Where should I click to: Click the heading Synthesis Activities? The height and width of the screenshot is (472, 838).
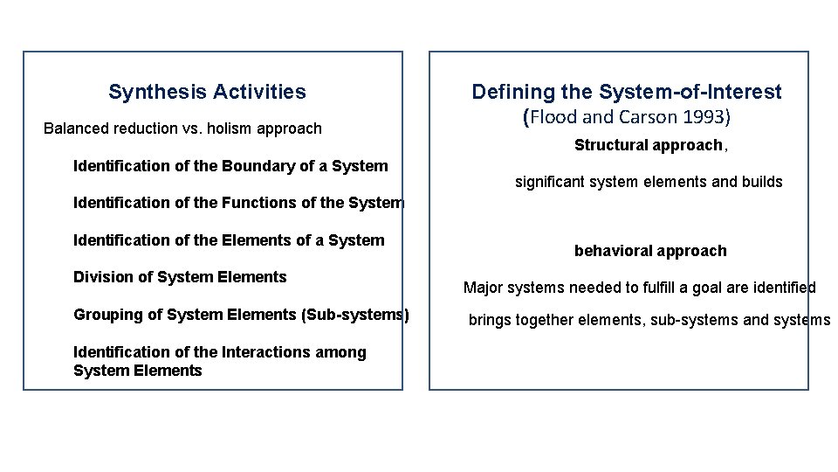tap(207, 92)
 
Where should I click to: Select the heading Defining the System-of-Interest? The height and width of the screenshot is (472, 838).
tap(626, 92)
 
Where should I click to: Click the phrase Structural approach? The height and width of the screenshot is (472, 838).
tap(649, 145)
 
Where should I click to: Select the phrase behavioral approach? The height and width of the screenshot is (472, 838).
tap(650, 251)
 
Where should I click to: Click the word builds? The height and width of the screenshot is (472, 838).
tap(762, 183)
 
